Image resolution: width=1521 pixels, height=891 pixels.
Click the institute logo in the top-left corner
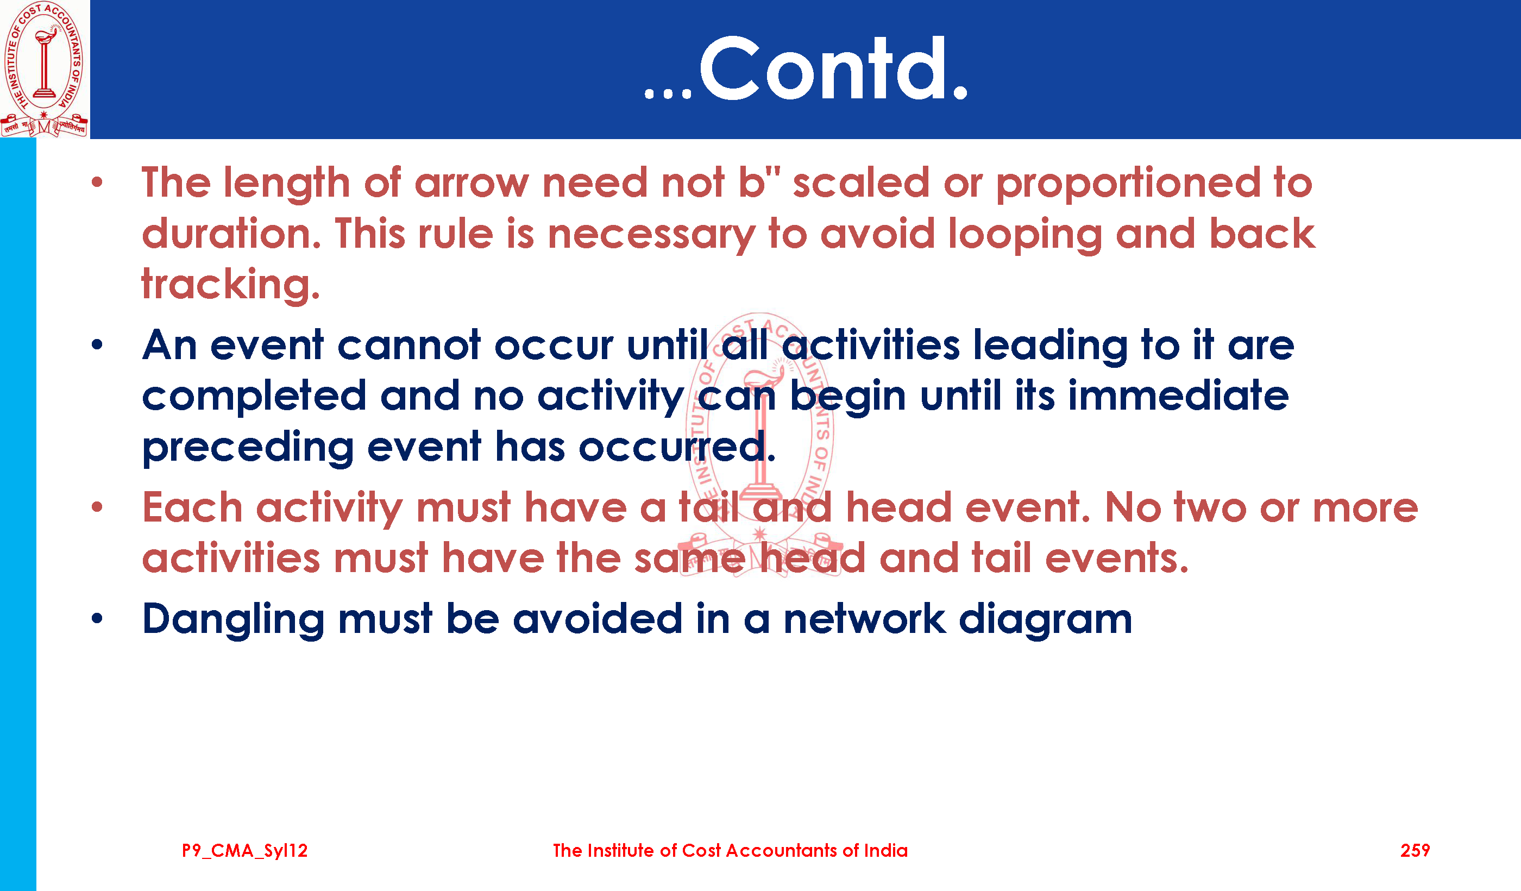[44, 69]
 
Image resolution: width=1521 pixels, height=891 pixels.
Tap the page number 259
[1415, 851]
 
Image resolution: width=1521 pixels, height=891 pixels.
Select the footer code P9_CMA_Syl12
[244, 851]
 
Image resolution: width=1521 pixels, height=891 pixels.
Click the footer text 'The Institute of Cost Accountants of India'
[730, 851]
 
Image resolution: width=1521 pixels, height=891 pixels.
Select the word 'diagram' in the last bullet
[1045, 620]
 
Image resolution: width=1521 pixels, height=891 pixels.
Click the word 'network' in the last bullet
[865, 619]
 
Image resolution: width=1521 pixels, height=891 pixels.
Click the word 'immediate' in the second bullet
[1178, 396]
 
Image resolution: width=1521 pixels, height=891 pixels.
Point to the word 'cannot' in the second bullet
[409, 346]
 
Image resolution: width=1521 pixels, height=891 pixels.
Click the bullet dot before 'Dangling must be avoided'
[97, 618]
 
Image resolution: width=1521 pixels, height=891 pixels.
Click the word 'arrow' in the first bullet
[472, 184]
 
